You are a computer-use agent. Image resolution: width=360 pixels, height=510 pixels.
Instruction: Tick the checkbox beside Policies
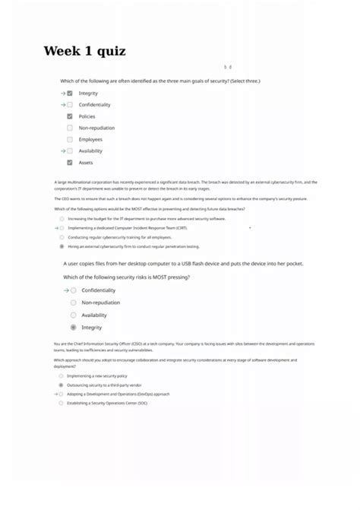70,116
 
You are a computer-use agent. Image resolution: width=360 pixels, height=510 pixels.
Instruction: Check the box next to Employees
70,139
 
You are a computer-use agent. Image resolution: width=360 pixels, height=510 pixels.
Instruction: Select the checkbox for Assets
70,163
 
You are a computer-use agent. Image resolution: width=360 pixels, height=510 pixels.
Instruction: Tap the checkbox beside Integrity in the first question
70,93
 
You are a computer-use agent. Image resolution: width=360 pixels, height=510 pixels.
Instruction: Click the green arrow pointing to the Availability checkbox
62,150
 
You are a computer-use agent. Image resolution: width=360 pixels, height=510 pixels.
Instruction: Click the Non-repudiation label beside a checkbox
96,128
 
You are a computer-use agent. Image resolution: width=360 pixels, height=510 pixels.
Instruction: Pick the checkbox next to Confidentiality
70,105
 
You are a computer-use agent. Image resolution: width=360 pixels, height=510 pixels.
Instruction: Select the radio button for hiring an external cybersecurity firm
62,246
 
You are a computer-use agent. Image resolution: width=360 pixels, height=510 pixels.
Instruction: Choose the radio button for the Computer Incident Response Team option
62,227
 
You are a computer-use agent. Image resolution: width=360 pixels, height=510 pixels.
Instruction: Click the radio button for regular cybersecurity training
62,237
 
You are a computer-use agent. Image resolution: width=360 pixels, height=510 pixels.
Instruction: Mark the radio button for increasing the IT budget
62,218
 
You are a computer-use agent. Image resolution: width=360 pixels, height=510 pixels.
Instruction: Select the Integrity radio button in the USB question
74,328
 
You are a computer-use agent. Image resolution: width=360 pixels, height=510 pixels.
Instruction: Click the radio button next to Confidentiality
74,290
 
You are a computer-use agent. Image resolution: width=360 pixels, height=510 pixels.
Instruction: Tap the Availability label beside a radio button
94,315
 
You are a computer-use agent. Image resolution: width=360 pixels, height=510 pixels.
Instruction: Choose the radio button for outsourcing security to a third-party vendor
61,385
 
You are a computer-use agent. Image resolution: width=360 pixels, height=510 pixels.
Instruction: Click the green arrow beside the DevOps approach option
55,394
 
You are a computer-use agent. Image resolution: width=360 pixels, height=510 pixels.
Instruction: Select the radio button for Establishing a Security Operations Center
61,404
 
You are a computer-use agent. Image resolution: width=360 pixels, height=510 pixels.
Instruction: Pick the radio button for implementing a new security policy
61,375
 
